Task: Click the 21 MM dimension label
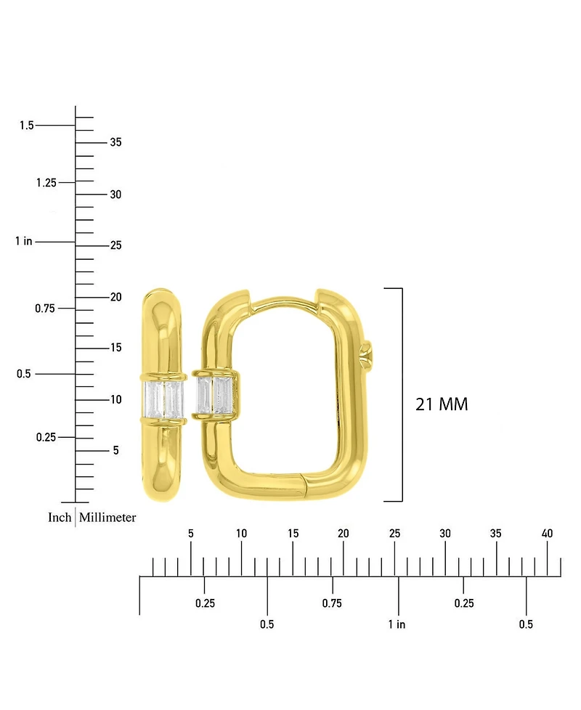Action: tap(442, 404)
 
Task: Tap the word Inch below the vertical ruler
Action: tap(60, 518)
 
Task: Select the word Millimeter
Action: tap(107, 518)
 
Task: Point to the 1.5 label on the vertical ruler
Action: tap(27, 126)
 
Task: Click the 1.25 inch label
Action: tap(45, 182)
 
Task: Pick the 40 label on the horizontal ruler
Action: tap(548, 534)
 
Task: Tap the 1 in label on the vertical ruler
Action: tap(24, 241)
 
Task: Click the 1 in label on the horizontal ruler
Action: tap(397, 624)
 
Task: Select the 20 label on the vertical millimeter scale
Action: tap(115, 297)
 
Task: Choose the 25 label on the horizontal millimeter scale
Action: tap(394, 534)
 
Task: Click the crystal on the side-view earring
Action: tap(164, 400)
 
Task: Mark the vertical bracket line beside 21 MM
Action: tap(402, 394)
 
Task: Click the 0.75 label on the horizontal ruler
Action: tap(332, 603)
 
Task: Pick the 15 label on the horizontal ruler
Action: tap(293, 534)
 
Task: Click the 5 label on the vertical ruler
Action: tap(115, 451)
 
